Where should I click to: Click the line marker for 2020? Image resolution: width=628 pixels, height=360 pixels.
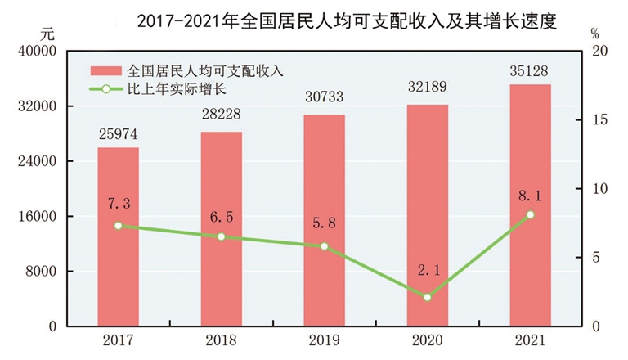tap(427, 297)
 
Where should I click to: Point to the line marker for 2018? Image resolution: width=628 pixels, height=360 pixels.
tap(221, 236)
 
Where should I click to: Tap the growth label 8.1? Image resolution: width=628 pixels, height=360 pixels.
tap(530, 196)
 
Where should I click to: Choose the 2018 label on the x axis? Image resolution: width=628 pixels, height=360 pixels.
tap(221, 340)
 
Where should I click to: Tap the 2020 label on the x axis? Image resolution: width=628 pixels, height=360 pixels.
tap(427, 340)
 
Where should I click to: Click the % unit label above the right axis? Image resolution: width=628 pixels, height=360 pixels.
tap(594, 34)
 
